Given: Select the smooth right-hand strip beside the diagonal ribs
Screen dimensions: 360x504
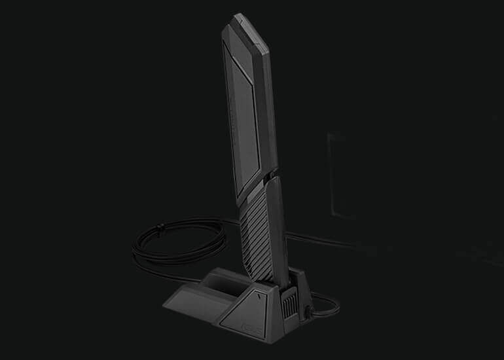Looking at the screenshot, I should pyautogui.click(x=278, y=223).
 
